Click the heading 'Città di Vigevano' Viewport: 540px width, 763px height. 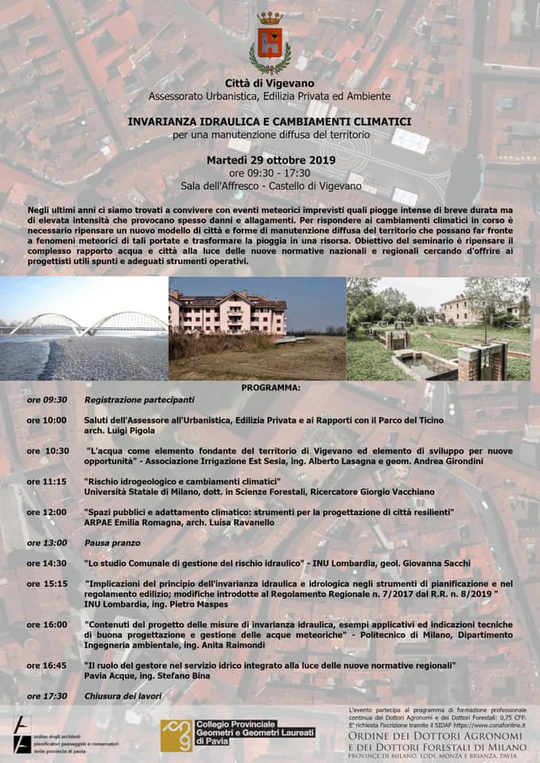tap(270, 83)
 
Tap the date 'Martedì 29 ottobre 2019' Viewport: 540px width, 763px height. tap(270, 160)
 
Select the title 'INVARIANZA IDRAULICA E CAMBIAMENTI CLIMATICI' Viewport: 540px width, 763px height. tap(270, 122)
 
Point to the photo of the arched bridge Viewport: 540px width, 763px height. tap(84, 328)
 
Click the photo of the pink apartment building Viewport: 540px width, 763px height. tap(257, 328)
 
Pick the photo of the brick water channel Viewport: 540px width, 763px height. tap(438, 328)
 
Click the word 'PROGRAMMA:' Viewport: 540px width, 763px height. tap(270, 388)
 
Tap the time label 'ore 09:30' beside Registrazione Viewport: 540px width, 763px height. tap(47, 400)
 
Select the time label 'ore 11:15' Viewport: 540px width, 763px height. tap(47, 482)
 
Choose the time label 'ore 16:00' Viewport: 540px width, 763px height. tap(47, 625)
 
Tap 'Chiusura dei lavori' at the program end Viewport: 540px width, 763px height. tap(122, 696)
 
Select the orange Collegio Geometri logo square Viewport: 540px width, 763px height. tap(176, 735)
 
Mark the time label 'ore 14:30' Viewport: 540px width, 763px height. tap(47, 564)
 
